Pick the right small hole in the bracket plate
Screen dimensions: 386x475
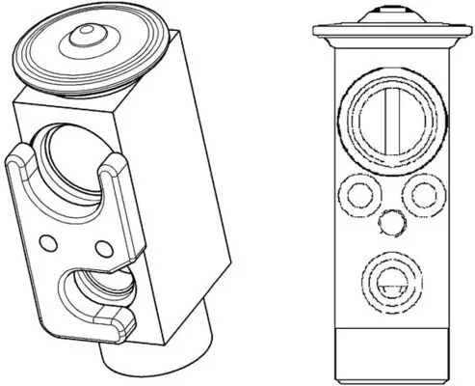(103, 249)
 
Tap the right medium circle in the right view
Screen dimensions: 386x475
(424, 195)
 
